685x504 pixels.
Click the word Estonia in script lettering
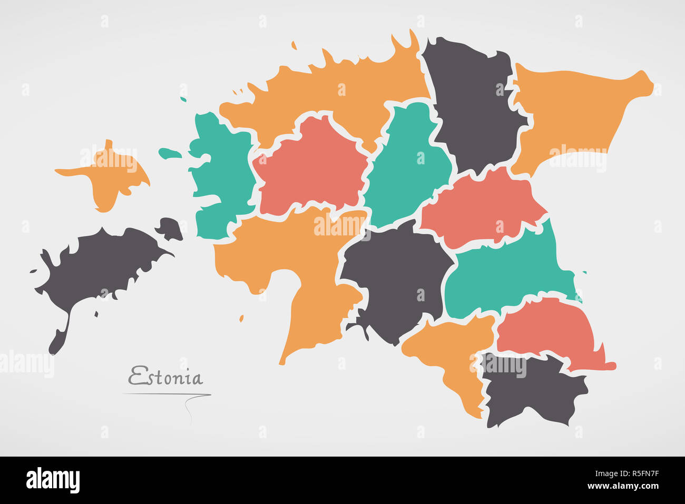pos(165,377)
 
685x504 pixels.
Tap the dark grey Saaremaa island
pos(100,263)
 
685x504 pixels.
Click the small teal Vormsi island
pos(169,153)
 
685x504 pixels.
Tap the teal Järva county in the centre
pos(406,163)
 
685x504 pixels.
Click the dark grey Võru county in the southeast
pos(532,392)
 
